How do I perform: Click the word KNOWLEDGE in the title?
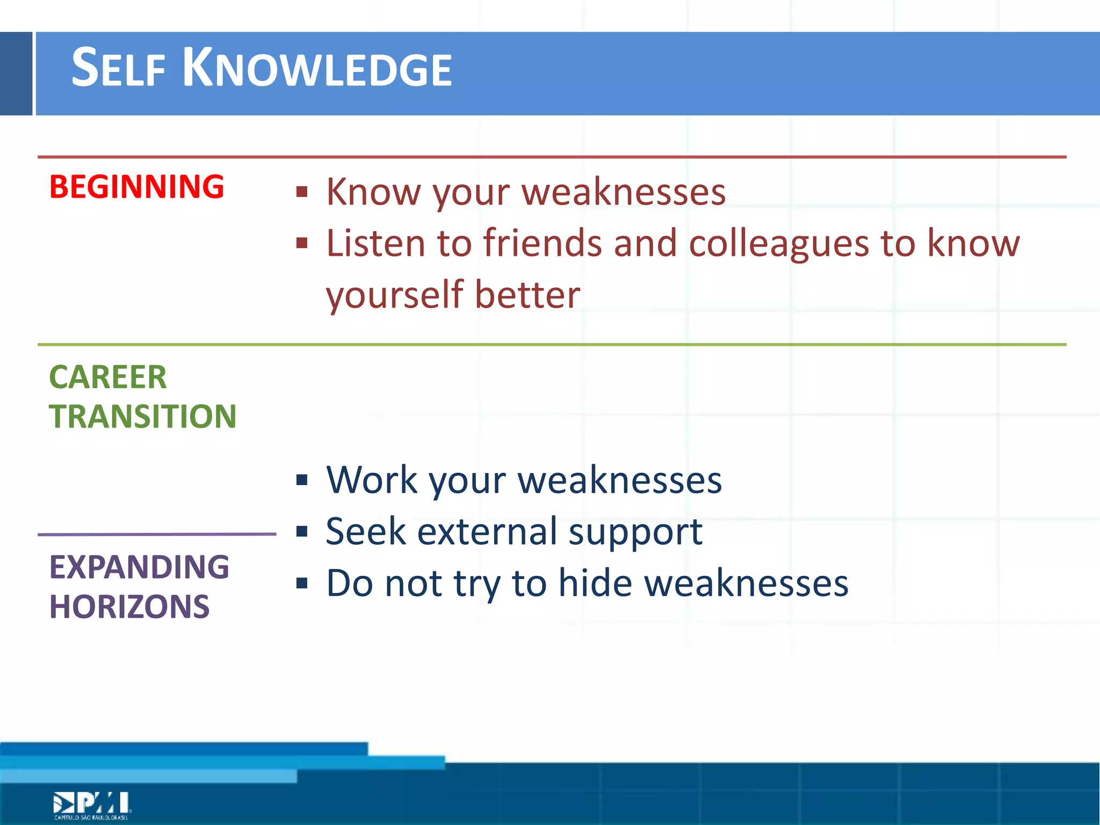pyautogui.click(x=317, y=69)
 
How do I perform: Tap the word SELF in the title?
pyautogui.click(x=118, y=69)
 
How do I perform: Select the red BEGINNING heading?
pyautogui.click(x=136, y=187)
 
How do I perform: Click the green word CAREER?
pyautogui.click(x=108, y=377)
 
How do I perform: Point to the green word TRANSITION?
pyautogui.click(x=143, y=416)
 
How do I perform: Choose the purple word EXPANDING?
pyautogui.click(x=139, y=567)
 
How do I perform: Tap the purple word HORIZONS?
pyautogui.click(x=129, y=606)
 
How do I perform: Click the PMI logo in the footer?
pyautogui.click(x=92, y=805)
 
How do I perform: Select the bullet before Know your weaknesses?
pyautogui.click(x=302, y=192)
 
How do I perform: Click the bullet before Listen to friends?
pyautogui.click(x=302, y=243)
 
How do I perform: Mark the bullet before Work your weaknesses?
pyautogui.click(x=302, y=480)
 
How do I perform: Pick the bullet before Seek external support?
pyautogui.click(x=302, y=532)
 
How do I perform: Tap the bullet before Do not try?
pyautogui.click(x=302, y=583)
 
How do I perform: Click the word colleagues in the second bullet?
pyautogui.click(x=779, y=243)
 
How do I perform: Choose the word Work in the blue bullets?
pyautogui.click(x=372, y=480)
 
